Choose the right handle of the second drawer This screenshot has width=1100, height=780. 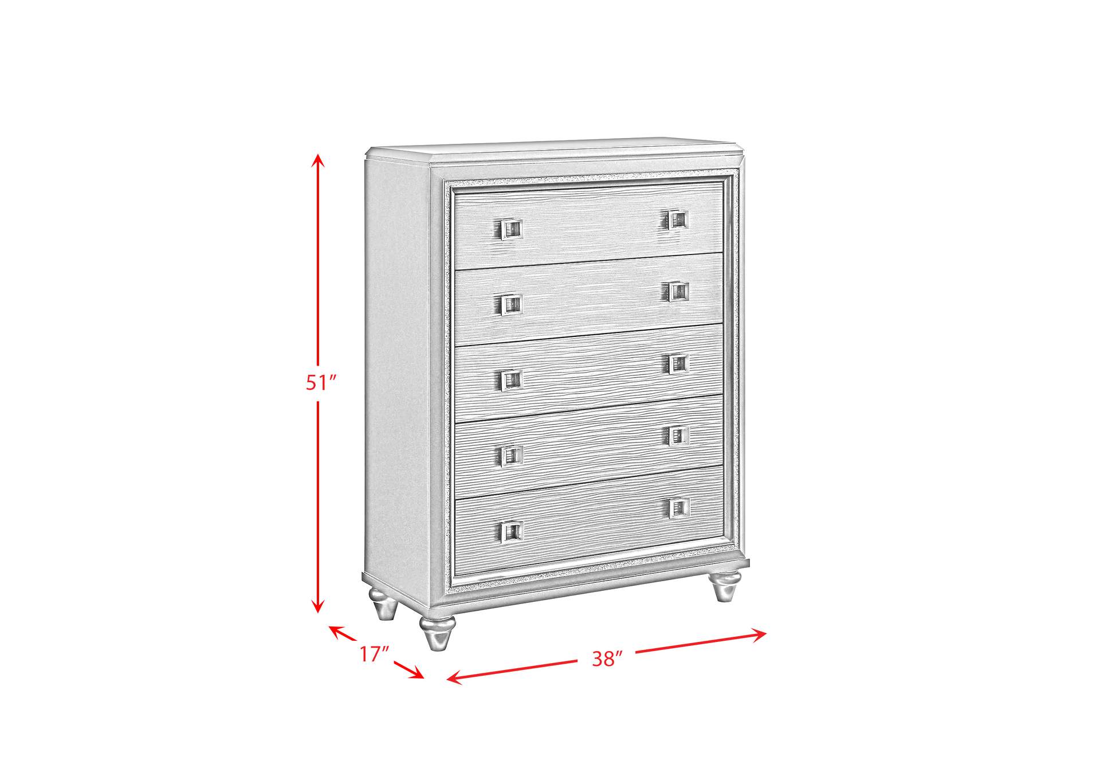(x=678, y=291)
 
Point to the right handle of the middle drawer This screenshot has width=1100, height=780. (x=678, y=364)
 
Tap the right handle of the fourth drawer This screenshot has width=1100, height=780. (x=679, y=436)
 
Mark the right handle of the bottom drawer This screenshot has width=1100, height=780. (x=679, y=508)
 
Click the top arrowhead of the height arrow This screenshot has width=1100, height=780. (x=319, y=162)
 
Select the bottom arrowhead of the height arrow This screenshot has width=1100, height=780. (x=319, y=605)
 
